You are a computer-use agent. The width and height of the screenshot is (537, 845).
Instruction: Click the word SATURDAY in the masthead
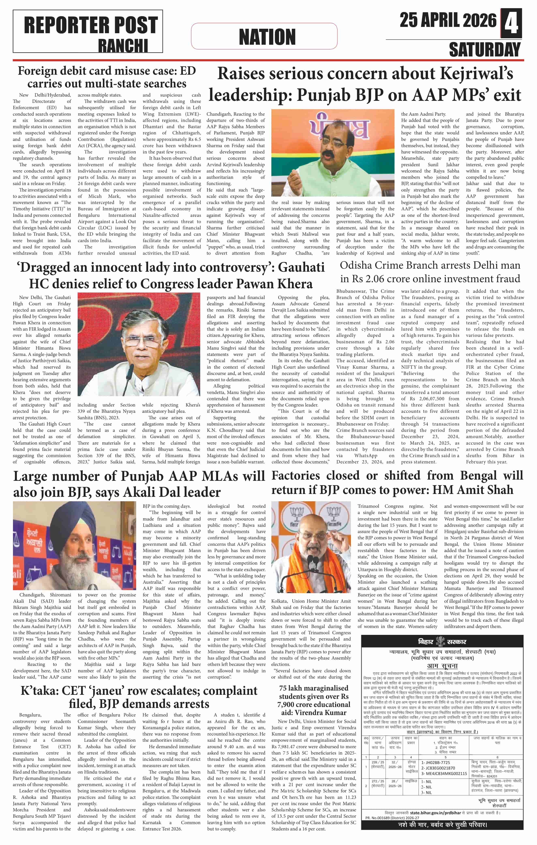click(485, 49)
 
